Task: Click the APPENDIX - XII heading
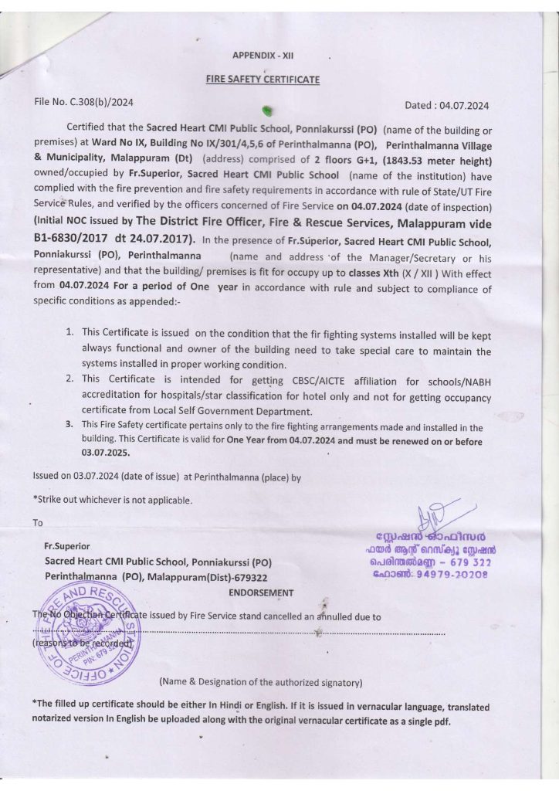coord(263,56)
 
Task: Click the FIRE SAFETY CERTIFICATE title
coord(262,80)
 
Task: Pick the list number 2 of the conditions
coord(69,379)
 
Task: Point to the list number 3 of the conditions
coord(69,425)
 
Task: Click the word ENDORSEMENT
coord(261,593)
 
